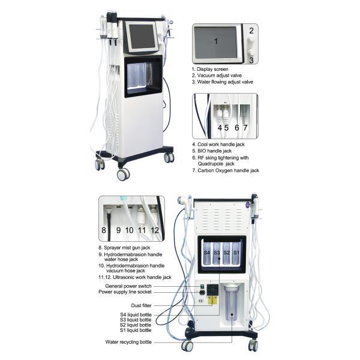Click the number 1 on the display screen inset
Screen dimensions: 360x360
point(217,41)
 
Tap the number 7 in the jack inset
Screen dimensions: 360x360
point(245,128)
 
